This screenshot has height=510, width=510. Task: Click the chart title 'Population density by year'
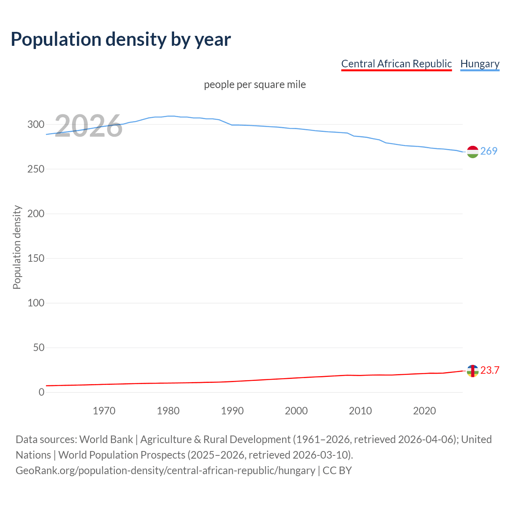pos(121,39)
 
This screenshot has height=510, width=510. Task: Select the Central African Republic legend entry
pos(396,64)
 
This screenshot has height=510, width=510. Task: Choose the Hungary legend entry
pos(480,64)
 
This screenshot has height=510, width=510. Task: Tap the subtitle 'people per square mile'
pos(255,85)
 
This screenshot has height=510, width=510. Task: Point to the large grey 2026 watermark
pos(88,126)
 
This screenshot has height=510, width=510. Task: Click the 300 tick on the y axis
pos(36,125)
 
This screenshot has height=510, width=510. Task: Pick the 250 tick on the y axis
pos(36,169)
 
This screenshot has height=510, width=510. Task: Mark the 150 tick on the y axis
pos(36,259)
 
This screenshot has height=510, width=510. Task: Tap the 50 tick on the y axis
pos(39,348)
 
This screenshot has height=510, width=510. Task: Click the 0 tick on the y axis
pos(41,392)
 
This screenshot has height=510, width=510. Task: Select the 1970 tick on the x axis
pos(104,411)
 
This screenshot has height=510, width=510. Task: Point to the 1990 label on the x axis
pos(232,411)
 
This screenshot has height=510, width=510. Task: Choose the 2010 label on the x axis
pos(360,411)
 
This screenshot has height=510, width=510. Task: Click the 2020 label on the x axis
pos(424,411)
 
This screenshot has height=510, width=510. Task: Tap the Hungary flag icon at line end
pos(473,152)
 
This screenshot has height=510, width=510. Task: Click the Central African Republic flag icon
pos(473,371)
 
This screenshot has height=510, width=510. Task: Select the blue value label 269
pos(489,151)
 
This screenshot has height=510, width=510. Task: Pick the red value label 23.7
pos(490,371)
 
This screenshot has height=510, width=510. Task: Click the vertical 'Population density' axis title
pos(17,247)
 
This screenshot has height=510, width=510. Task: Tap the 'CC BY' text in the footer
pos(337,471)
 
